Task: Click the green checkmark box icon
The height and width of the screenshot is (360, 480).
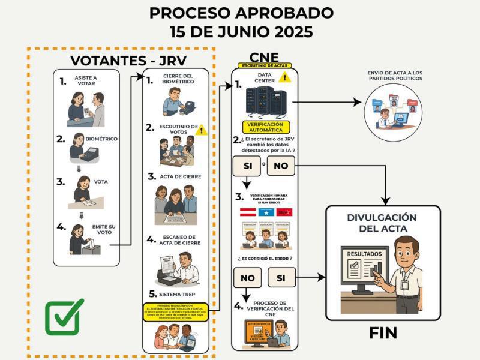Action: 64,317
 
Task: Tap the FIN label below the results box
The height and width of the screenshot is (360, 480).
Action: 383,332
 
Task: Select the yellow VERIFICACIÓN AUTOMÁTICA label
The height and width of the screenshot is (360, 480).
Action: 265,127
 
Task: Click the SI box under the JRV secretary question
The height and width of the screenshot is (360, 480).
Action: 247,165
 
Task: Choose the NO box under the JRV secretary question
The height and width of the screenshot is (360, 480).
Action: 281,165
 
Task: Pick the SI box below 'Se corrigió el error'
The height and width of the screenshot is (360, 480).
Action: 281,278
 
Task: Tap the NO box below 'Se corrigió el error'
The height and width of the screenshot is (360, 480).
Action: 247,278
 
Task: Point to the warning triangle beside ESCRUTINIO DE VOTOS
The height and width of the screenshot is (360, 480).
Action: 201,130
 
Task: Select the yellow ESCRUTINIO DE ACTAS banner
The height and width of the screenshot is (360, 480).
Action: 265,65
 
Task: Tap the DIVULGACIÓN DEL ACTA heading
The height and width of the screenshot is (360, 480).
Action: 382,223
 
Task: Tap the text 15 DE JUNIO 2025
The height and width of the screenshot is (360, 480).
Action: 241,32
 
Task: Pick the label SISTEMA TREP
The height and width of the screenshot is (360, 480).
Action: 179,295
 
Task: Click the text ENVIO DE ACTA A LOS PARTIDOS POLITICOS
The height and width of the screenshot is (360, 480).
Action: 395,75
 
